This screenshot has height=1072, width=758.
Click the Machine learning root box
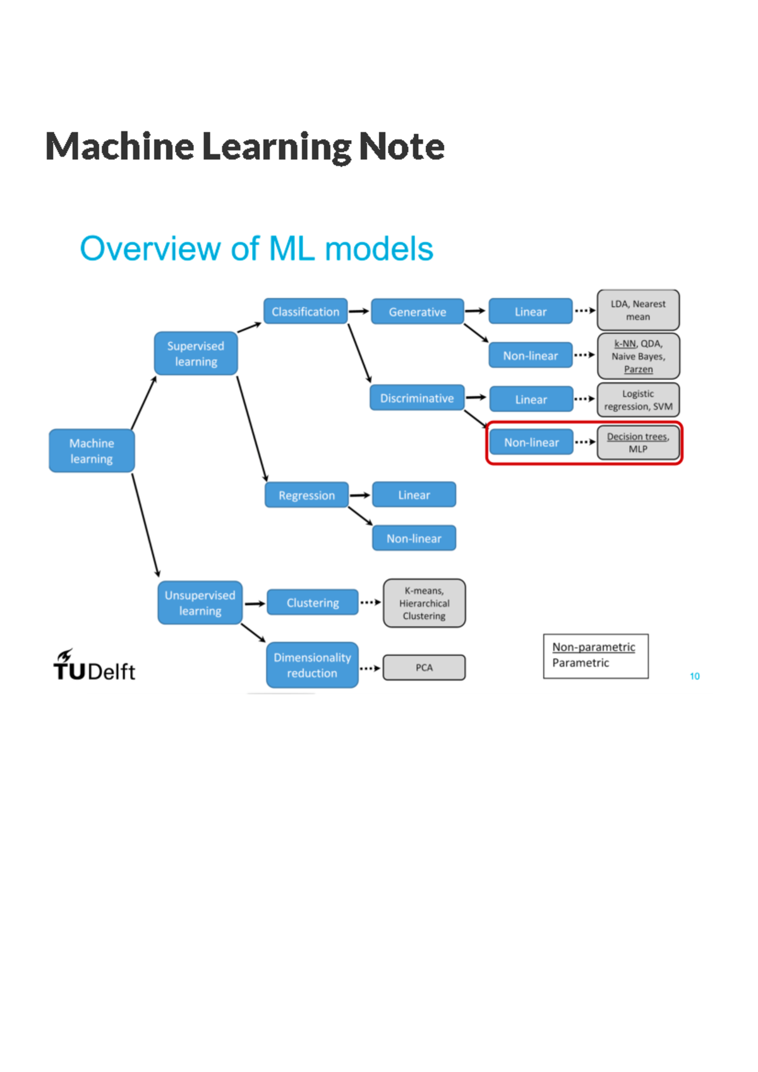[92, 451]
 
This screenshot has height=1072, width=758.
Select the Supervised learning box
[196, 354]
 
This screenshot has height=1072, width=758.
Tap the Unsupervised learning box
[200, 603]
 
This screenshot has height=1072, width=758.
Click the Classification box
[305, 311]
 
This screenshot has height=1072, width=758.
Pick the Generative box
[417, 312]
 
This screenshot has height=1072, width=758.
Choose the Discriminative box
[417, 398]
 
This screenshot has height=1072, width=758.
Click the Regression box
[306, 496]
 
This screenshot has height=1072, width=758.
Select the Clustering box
[313, 603]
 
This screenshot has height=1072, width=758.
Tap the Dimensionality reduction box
[312, 665]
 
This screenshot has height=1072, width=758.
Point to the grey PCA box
[424, 667]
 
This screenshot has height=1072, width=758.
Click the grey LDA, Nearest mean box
[638, 310]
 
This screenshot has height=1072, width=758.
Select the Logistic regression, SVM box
[638, 400]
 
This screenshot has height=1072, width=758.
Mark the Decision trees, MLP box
[638, 443]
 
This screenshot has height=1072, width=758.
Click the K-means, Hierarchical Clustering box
[424, 603]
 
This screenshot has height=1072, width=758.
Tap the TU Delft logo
[94, 665]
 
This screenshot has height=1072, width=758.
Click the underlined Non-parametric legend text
[594, 647]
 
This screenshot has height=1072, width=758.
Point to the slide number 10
[694, 676]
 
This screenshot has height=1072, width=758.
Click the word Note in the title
[402, 146]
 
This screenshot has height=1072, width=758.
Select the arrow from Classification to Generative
[359, 311]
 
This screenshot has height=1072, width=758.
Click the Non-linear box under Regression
[414, 539]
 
